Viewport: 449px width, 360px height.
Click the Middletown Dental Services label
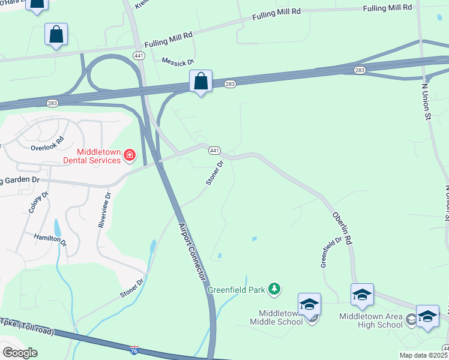(91, 156)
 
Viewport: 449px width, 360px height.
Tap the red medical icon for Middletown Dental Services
(129, 157)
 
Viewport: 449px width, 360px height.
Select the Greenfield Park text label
(237, 290)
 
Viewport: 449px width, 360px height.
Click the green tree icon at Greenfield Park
(274, 290)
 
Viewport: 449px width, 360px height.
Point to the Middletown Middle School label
(280, 317)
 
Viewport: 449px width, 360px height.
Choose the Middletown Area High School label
(370, 320)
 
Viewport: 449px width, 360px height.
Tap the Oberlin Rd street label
(340, 228)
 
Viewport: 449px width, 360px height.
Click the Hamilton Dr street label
(47, 238)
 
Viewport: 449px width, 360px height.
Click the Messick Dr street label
(178, 61)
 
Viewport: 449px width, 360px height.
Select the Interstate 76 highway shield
(134, 349)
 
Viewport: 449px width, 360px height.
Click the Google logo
(20, 352)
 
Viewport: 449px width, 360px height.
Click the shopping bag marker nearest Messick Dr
(200, 81)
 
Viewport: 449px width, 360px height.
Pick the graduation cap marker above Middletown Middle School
(309, 304)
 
